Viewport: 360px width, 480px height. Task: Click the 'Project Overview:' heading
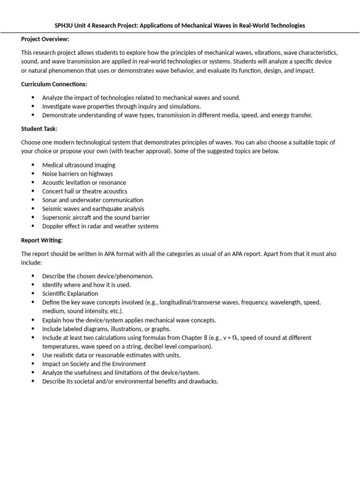coord(45,39)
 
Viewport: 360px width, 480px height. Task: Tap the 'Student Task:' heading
coord(39,128)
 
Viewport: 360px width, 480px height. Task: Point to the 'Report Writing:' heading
coord(42,240)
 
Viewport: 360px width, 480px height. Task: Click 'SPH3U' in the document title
coord(63,25)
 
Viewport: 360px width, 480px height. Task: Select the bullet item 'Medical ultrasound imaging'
coord(78,165)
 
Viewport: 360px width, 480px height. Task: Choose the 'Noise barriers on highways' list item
coord(77,174)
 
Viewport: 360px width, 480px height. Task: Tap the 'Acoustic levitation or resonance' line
coord(84,182)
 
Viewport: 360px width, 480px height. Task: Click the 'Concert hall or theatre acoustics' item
coord(84,191)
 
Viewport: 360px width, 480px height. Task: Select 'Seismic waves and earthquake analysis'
coord(93,209)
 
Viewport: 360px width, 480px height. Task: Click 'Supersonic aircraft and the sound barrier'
coord(96,217)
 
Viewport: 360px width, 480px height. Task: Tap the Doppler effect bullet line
coord(100,226)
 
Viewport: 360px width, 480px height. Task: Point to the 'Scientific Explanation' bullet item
coord(70,293)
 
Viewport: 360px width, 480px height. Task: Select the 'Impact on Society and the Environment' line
coord(94,364)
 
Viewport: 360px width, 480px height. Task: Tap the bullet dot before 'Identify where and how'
coord(33,285)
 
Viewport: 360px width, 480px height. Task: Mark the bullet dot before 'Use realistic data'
coord(33,355)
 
